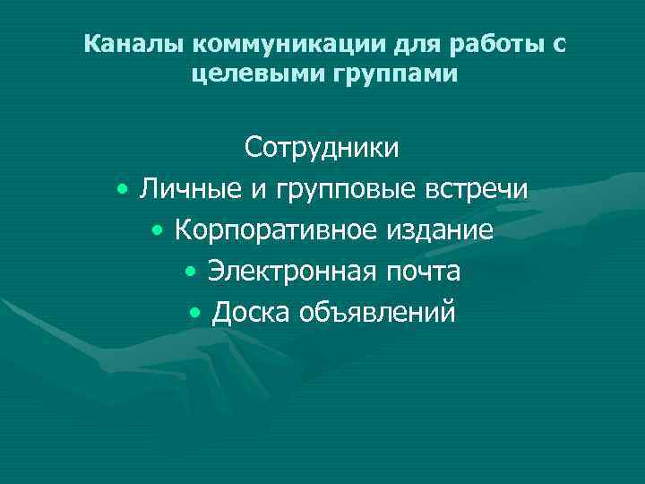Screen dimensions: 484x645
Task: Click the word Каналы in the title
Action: click(x=133, y=44)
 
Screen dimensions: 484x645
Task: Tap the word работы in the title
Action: click(x=499, y=45)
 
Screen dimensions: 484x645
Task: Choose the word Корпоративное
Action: click(x=277, y=230)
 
